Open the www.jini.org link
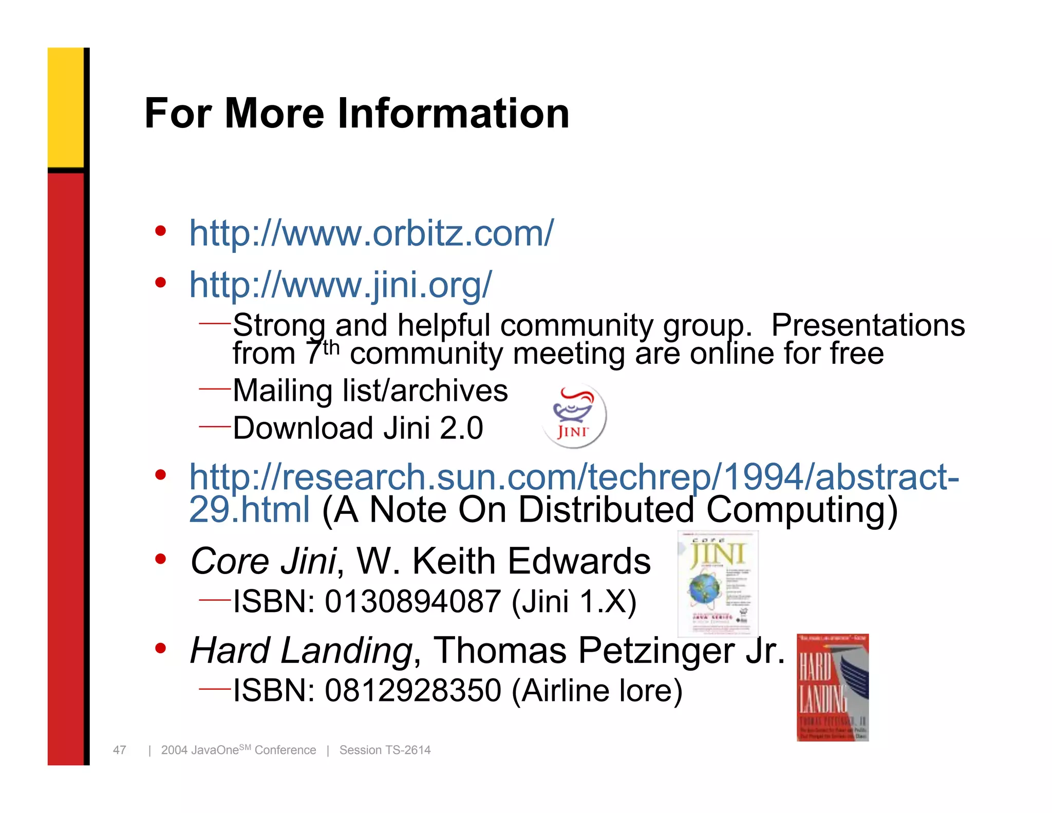[341, 284]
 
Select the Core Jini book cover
[718, 583]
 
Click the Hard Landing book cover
[832, 687]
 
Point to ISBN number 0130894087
[412, 601]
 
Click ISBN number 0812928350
[412, 690]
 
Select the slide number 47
[120, 750]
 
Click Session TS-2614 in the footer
[385, 750]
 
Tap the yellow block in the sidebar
[65, 107]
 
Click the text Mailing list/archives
[370, 391]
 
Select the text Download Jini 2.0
[358, 428]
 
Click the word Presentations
[868, 325]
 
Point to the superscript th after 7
[331, 347]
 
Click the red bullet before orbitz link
[161, 231]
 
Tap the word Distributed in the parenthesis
[606, 510]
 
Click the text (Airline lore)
[597, 690]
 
